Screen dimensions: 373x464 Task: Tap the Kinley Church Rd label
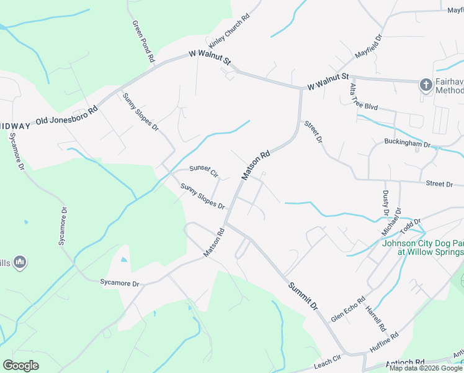[229, 32]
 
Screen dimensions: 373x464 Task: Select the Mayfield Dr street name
[368, 47]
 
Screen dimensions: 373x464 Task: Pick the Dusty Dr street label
[385, 203]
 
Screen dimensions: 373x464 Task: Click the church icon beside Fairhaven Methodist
[426, 85]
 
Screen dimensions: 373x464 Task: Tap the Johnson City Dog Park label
[422, 247]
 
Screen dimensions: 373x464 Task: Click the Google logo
[20, 366]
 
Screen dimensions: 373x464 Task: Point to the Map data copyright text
[426, 368]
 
